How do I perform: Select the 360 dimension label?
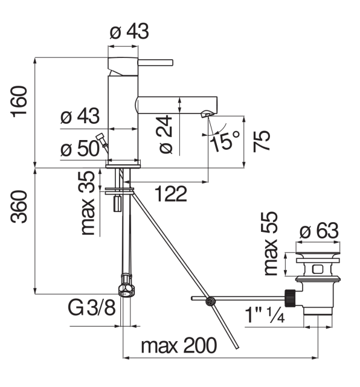(x=19, y=207)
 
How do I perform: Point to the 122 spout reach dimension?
(x=170, y=194)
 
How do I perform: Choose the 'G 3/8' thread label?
(x=92, y=308)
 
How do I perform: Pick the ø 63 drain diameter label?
(x=319, y=231)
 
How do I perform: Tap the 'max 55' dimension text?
(x=270, y=243)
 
